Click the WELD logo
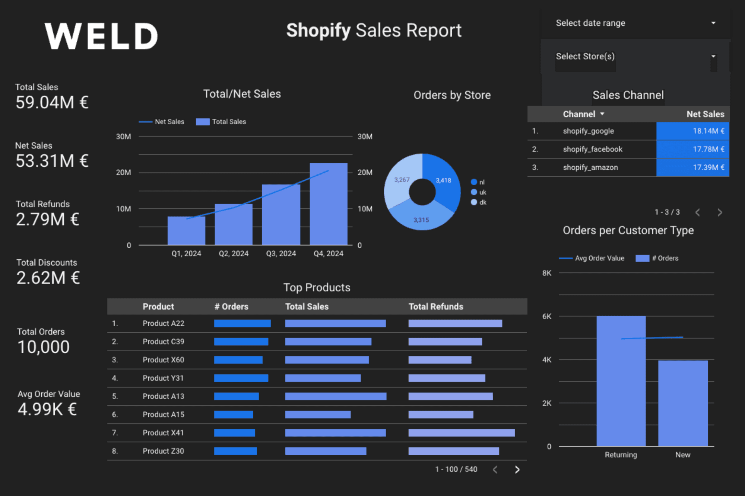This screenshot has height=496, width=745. click(x=101, y=36)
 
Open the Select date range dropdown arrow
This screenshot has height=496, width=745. click(x=713, y=23)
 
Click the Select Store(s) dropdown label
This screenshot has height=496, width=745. click(x=585, y=56)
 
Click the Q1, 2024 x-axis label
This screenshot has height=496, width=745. click(x=186, y=253)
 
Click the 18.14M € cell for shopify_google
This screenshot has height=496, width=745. click(x=692, y=131)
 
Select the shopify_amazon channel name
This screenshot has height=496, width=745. click(x=590, y=167)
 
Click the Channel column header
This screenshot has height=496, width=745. click(x=579, y=114)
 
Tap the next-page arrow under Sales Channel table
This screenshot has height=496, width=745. click(x=720, y=212)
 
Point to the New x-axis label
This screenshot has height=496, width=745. click(x=682, y=455)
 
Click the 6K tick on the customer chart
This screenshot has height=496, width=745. click(x=546, y=316)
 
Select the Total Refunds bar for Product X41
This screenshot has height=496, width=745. click(x=461, y=433)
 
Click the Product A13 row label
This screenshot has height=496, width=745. click(x=163, y=396)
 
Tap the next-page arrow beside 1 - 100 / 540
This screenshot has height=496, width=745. click(x=517, y=470)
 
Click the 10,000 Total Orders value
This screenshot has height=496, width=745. click(x=44, y=347)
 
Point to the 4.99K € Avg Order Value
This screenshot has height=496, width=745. click(x=47, y=409)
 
